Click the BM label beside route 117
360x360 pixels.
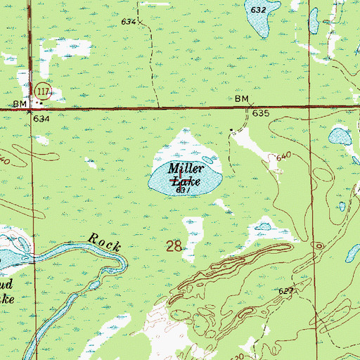pos(20,104)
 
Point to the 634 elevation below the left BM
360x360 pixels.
pos(41,119)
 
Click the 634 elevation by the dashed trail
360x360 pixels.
pos(128,22)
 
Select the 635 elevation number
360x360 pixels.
pos(261,113)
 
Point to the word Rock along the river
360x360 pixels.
pos(105,244)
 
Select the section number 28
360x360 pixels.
pos(174,247)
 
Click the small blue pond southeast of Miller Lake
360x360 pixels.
pos(264,226)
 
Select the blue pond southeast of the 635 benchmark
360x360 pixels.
pos(340,136)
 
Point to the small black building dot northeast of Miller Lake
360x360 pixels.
pos(233,130)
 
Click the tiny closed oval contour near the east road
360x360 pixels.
pos(319,245)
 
